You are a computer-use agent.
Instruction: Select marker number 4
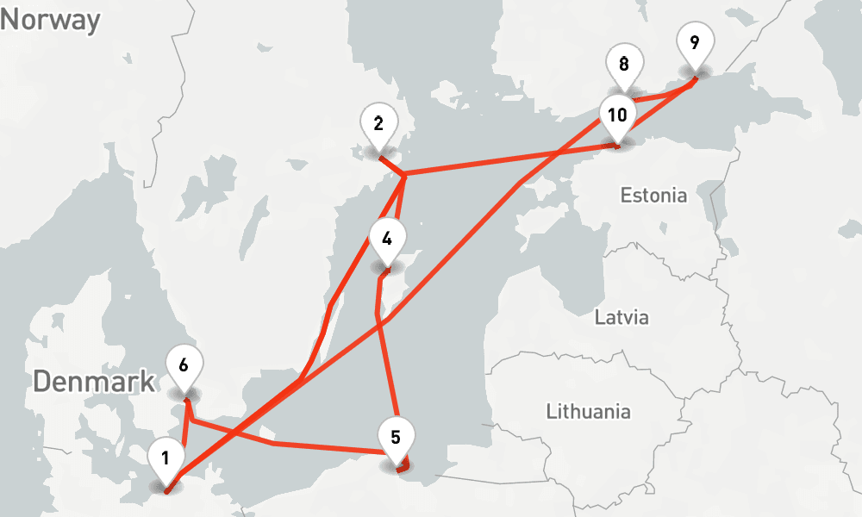pos(386,240)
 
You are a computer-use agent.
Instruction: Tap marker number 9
pos(695,44)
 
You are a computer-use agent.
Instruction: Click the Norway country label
pos(50,20)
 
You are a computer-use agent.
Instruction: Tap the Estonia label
pos(653,196)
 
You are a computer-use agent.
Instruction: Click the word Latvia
pos(622,317)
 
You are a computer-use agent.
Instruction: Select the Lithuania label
pos(588,411)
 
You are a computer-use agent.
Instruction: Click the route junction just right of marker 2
pos(403,175)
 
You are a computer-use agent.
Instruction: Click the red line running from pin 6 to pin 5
pos(276,443)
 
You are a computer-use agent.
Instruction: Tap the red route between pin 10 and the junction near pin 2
pos(509,161)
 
